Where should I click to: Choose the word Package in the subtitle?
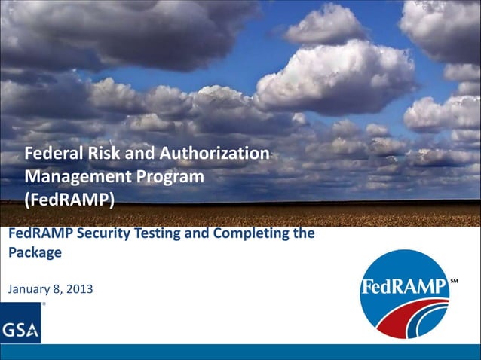point(35,253)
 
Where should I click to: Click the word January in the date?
point(29,288)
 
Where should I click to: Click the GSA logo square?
point(20,323)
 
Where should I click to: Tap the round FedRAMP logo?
point(404,294)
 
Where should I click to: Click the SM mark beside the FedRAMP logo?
point(454,282)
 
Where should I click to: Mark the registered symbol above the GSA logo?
point(44,304)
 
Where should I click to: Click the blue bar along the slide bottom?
point(240,352)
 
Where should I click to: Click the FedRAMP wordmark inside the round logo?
point(404,288)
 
